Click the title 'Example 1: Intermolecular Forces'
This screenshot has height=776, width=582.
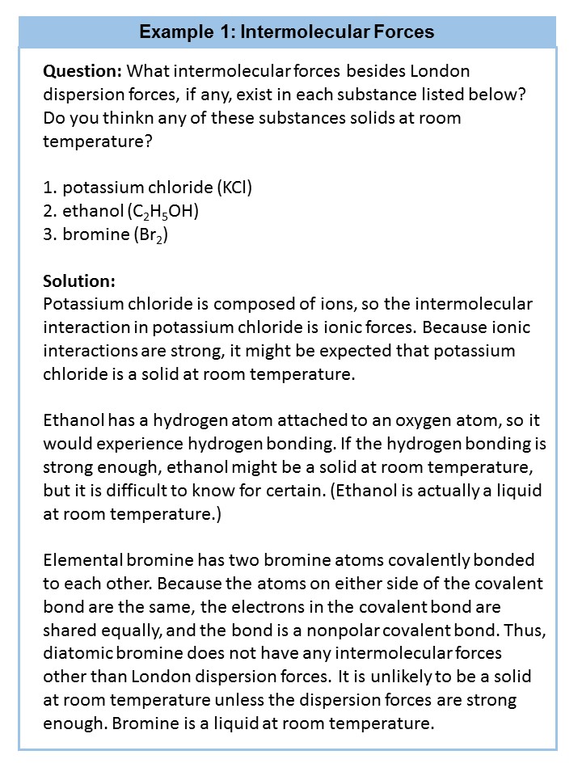pyautogui.click(x=287, y=32)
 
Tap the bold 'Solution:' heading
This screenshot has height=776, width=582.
pyautogui.click(x=79, y=281)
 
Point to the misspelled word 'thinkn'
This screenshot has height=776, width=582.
pyautogui.click(x=116, y=118)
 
